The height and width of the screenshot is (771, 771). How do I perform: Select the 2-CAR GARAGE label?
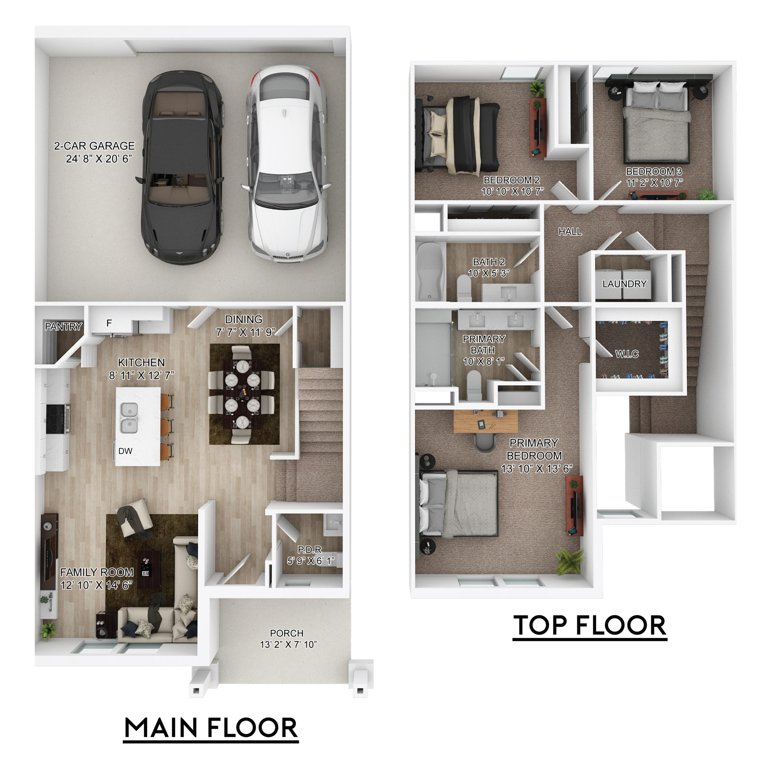[95, 146]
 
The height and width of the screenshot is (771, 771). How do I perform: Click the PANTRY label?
[64, 327]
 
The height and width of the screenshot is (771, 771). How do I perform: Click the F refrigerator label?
[109, 323]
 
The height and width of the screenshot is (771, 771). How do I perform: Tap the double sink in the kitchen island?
[129, 418]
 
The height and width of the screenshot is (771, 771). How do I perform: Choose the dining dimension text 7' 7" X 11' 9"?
[245, 332]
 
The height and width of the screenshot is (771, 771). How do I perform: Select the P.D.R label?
[310, 550]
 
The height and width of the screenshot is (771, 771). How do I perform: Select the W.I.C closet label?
[627, 354]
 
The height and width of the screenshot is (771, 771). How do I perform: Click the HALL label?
[570, 232]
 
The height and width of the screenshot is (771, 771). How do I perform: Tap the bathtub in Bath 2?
[430, 271]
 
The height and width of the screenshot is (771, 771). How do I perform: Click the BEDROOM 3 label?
[654, 172]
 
